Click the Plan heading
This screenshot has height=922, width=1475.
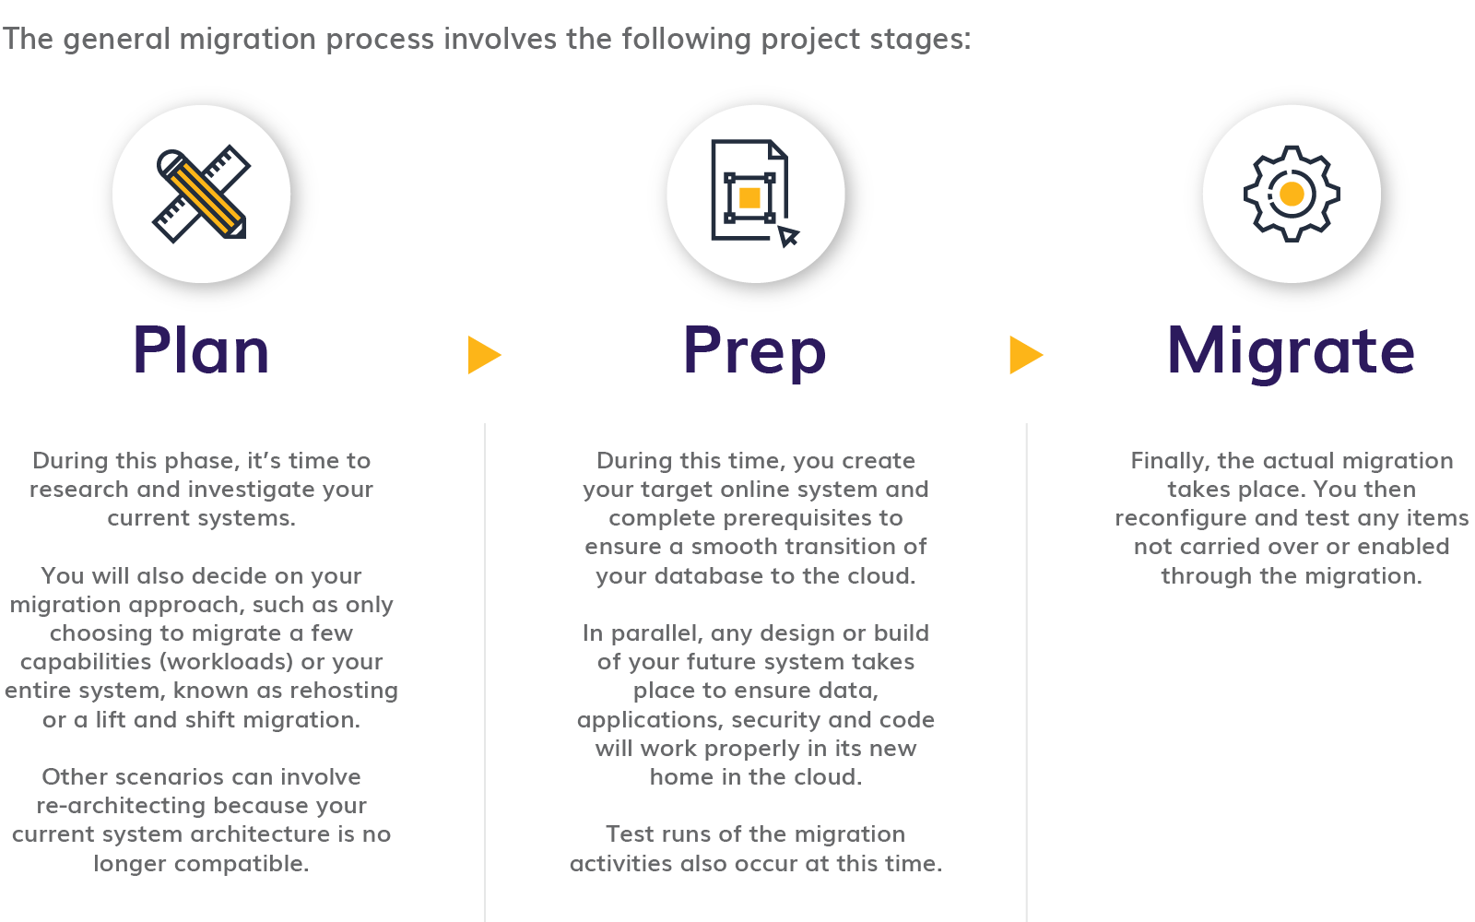[201, 350]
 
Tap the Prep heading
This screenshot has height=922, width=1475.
[754, 352]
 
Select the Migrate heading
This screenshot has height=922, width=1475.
[1291, 352]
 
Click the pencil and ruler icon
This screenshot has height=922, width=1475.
[201, 195]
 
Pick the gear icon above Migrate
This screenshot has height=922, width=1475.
[1291, 194]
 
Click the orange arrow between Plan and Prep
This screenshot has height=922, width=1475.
[483, 355]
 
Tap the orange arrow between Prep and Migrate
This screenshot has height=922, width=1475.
[1024, 355]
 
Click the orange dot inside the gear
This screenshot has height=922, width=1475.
[1292, 194]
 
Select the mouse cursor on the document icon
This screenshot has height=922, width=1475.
[788, 236]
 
